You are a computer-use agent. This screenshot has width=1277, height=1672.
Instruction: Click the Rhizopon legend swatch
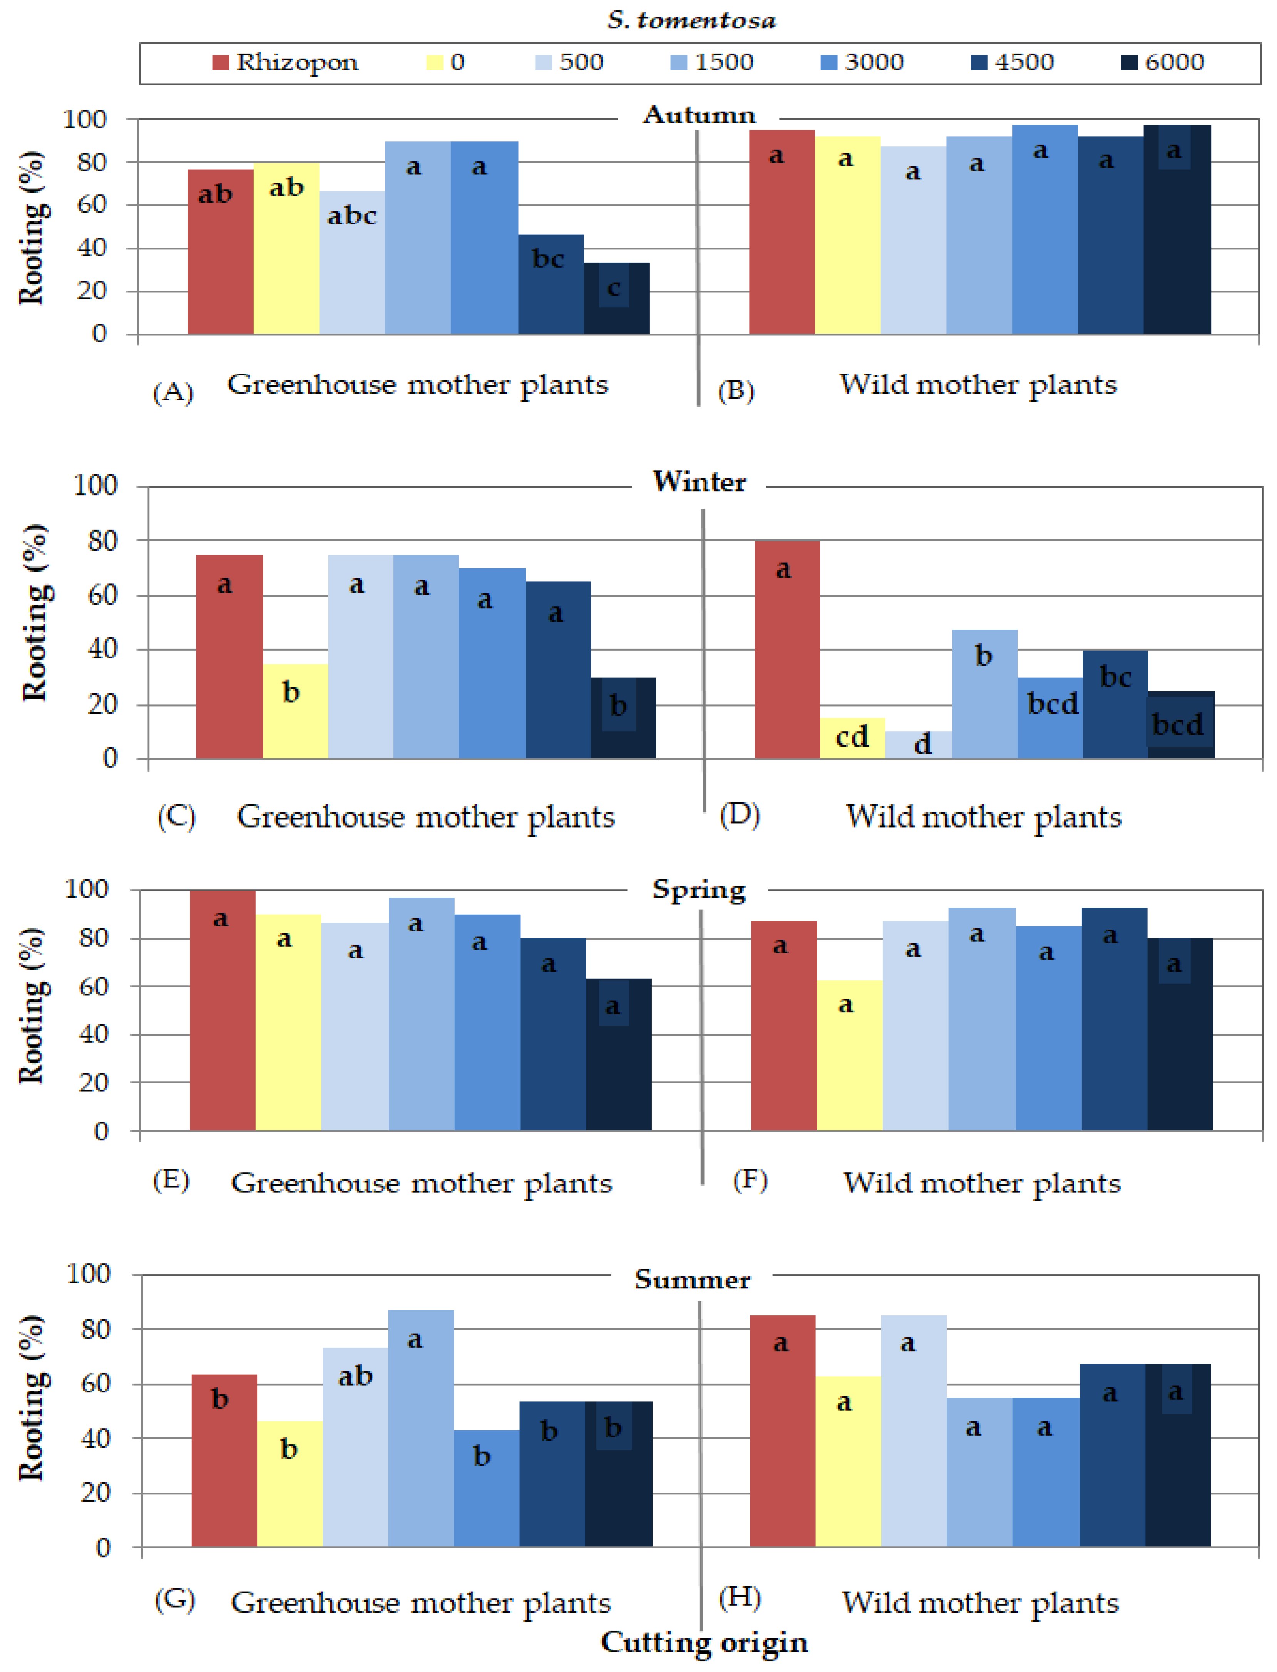(x=221, y=62)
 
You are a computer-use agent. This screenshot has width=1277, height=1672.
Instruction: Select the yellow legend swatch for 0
(x=435, y=62)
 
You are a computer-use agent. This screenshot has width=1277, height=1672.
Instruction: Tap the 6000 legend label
(x=1174, y=62)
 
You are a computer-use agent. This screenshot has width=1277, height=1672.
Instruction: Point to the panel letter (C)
(x=176, y=817)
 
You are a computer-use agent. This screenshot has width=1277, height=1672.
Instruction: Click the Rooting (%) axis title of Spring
(x=32, y=1005)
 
